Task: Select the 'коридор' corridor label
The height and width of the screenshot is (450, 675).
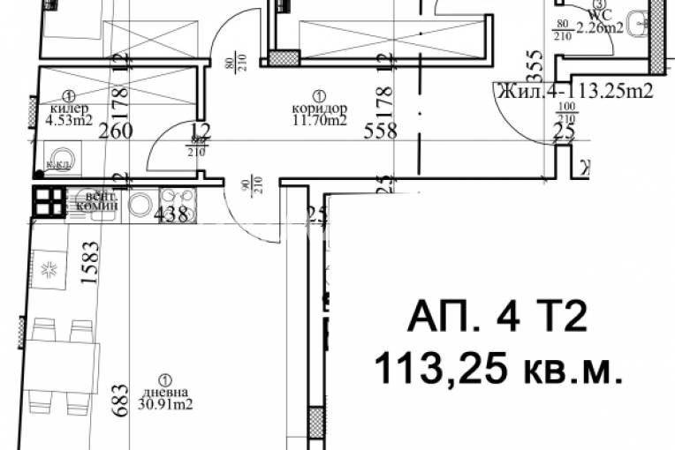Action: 318,109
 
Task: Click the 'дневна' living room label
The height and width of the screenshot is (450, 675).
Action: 165,394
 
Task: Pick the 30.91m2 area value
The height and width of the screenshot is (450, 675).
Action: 165,406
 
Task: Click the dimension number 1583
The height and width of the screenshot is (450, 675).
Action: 88,262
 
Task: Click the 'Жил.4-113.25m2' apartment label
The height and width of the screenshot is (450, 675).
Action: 575,90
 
